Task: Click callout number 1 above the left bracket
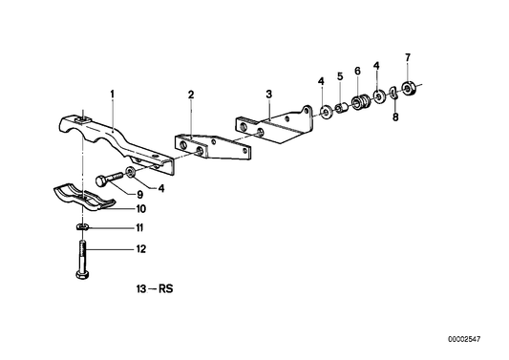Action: pos(112,94)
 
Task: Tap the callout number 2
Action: pos(191,95)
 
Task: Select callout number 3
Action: pos(269,94)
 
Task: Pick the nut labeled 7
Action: pos(410,90)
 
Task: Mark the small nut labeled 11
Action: pos(83,227)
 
